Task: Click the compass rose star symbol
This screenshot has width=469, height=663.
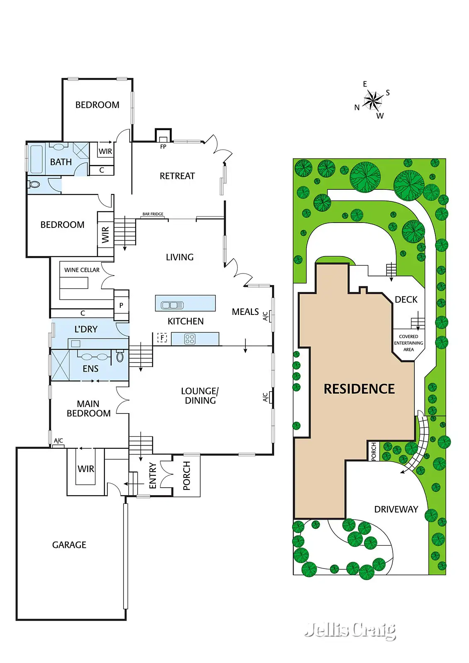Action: (x=373, y=100)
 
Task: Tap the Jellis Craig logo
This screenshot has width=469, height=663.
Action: (x=350, y=631)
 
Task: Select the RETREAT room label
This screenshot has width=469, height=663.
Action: (x=177, y=176)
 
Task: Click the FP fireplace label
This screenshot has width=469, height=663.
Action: (x=163, y=147)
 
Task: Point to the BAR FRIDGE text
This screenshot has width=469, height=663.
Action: (x=153, y=214)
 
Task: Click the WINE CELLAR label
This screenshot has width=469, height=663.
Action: (x=82, y=270)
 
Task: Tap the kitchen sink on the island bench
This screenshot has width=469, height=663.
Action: (x=172, y=305)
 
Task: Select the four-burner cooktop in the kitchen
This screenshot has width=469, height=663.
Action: (x=190, y=339)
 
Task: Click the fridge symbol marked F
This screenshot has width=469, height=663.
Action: (x=162, y=338)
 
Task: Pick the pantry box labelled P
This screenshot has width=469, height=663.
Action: (x=121, y=305)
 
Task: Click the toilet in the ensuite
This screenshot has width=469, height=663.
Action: (x=120, y=356)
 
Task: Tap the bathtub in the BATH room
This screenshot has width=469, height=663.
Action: (x=36, y=159)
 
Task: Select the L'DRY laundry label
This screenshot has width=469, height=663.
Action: (x=86, y=329)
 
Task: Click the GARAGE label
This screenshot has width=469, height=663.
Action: (x=69, y=545)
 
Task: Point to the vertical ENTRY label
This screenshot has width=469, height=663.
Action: (x=153, y=476)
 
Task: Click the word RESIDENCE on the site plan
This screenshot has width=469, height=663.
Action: (x=359, y=389)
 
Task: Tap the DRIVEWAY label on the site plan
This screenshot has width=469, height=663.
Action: (x=396, y=509)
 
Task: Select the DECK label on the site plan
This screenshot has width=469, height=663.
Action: (x=406, y=300)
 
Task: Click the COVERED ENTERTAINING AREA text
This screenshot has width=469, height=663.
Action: (x=408, y=343)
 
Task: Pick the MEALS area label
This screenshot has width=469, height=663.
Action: (x=245, y=312)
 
